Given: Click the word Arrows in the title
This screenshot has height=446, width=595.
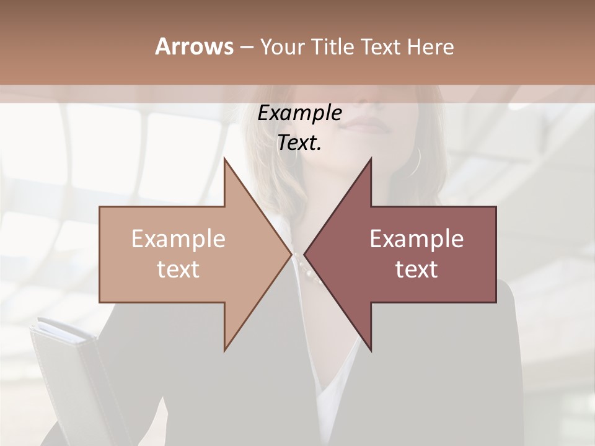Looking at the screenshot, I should (194, 46).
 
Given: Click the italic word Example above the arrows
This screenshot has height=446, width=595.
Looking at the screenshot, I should (299, 113).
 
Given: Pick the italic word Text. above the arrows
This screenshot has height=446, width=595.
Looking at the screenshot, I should (299, 143).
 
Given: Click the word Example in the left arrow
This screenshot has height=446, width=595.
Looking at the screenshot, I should (178, 239).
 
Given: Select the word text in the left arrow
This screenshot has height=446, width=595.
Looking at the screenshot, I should (178, 269).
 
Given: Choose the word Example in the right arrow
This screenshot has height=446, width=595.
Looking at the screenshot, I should (416, 239).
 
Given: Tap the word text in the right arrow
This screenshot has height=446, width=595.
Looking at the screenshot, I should (416, 269).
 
